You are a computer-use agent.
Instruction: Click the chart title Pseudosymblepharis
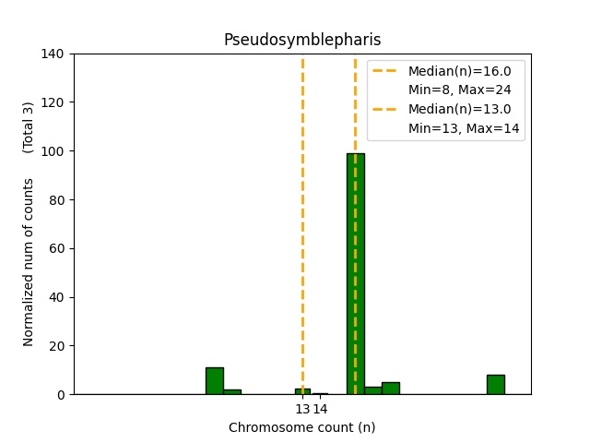click(x=302, y=40)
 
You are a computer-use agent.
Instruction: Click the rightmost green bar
click(x=496, y=385)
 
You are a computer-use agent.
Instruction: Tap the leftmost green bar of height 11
click(x=214, y=381)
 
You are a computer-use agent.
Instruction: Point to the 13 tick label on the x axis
click(x=302, y=409)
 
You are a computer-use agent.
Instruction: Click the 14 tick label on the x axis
click(x=320, y=409)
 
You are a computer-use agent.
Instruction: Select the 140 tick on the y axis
click(x=53, y=54)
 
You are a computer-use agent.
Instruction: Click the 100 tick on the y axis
click(x=53, y=150)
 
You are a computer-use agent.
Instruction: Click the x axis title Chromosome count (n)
click(x=302, y=427)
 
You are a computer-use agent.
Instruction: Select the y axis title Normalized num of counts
click(x=29, y=262)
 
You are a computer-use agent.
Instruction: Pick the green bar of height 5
click(x=391, y=389)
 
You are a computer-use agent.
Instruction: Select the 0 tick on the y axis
click(x=61, y=395)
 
